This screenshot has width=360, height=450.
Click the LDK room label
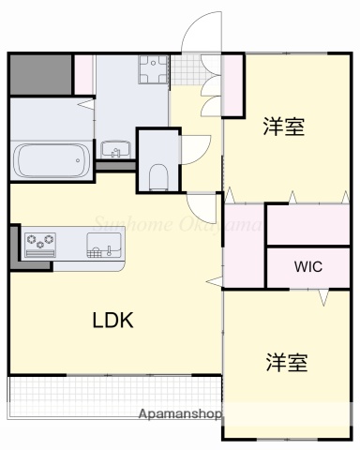(x=112, y=320)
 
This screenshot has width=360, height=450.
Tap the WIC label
(x=308, y=266)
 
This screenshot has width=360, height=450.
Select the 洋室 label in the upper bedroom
(x=283, y=127)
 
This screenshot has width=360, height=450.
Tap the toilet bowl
(x=157, y=174)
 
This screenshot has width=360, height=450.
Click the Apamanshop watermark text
(x=180, y=413)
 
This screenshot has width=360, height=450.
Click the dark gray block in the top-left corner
(x=40, y=74)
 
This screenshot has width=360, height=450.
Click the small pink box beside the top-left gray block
(x=83, y=74)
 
